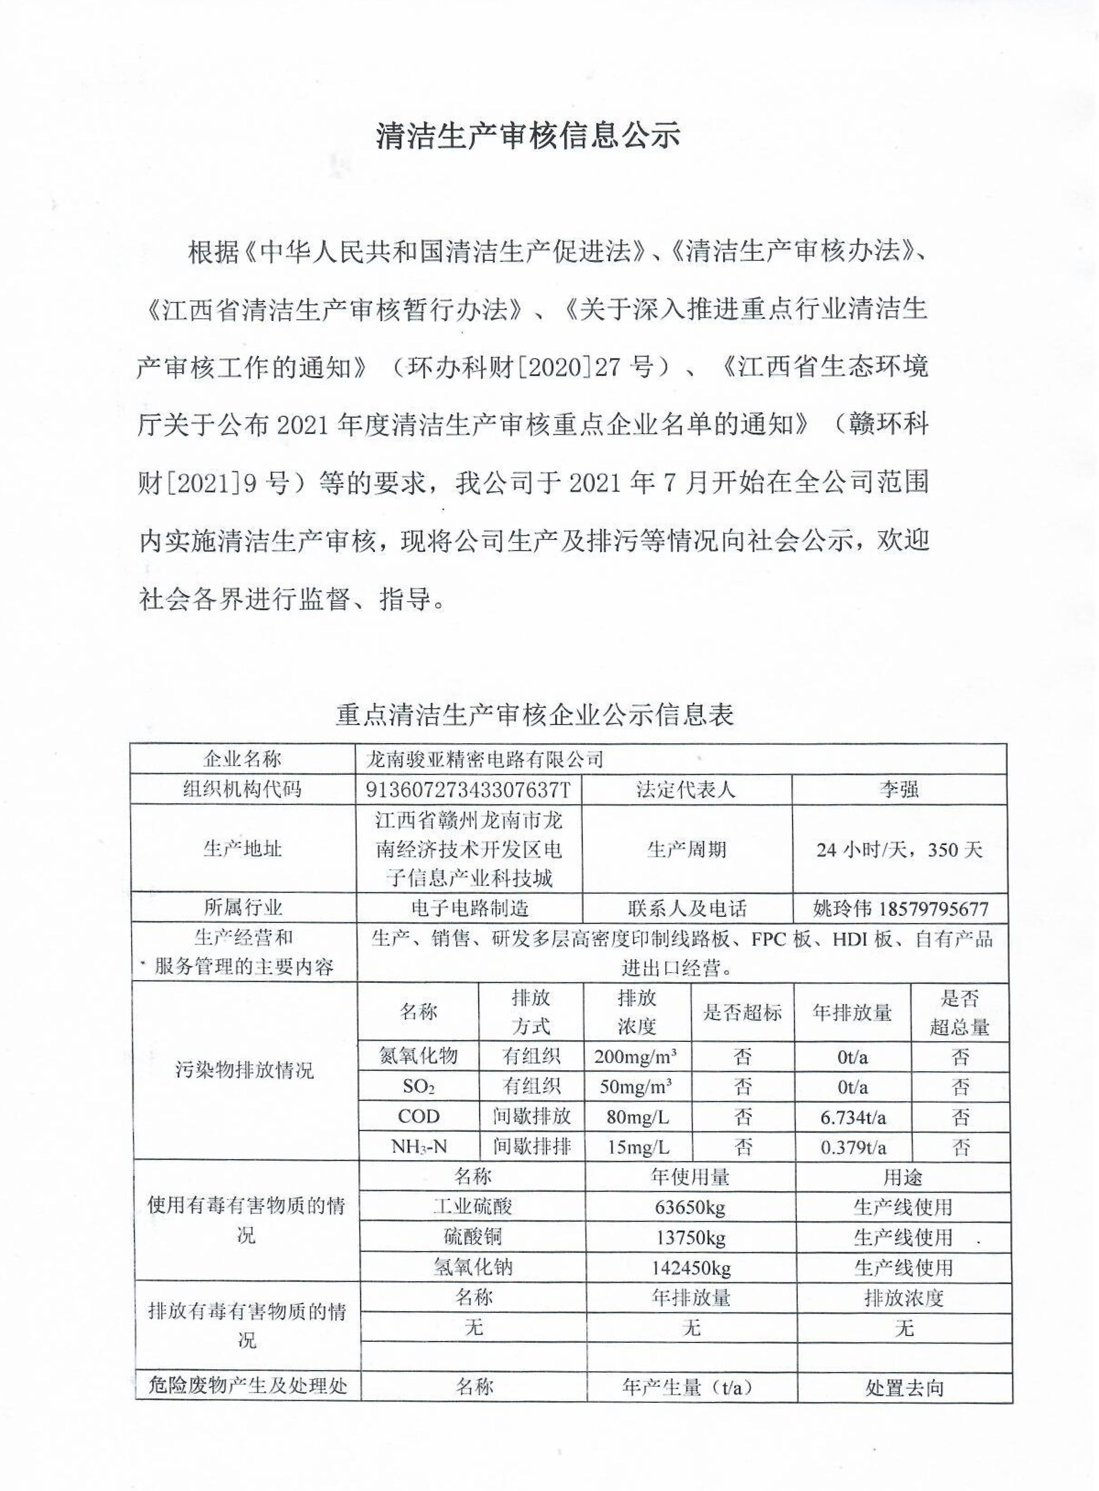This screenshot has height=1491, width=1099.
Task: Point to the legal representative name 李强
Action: point(898,789)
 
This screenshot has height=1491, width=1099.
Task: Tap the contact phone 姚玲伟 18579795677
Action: point(900,909)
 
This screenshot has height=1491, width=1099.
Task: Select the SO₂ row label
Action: point(418,1087)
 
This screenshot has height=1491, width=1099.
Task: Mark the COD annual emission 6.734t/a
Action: point(853,1117)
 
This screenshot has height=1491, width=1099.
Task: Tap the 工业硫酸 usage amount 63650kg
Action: point(690,1207)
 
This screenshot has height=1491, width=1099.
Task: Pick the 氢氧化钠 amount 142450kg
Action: point(690,1268)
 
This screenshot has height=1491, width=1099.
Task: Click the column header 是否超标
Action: point(742,1013)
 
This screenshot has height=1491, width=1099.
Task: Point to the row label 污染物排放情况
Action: point(244,1071)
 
